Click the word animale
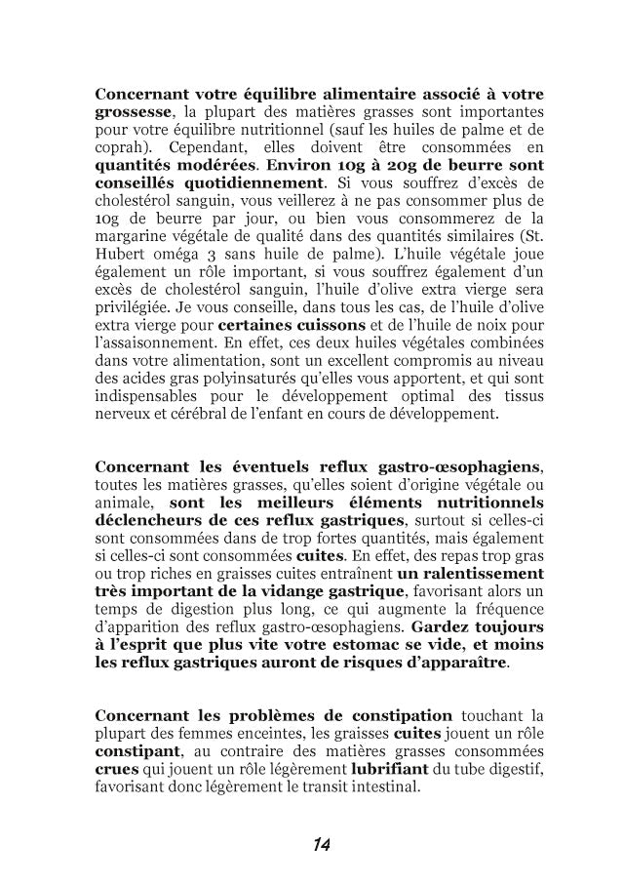point(122,503)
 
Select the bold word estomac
point(365,644)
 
